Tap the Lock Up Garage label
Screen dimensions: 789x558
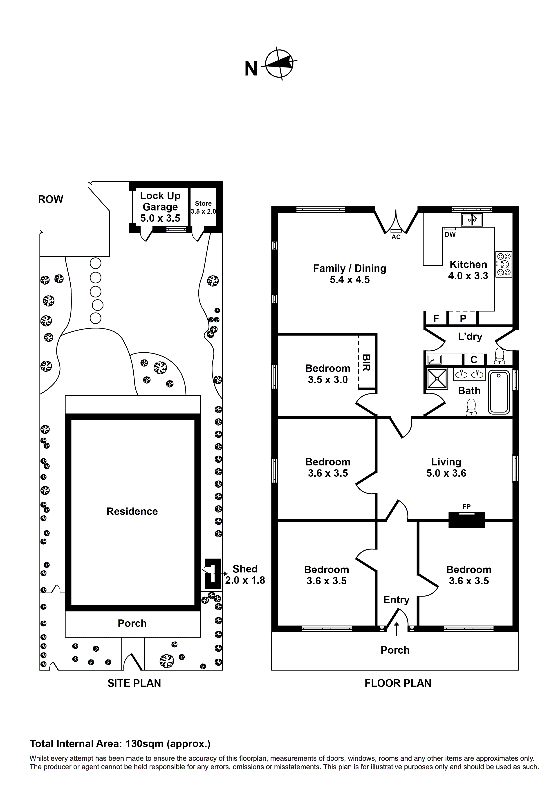pyautogui.click(x=160, y=207)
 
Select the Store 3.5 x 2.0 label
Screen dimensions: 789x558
pyautogui.click(x=203, y=207)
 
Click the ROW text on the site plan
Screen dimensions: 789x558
pyautogui.click(x=51, y=199)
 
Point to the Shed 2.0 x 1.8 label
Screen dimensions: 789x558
pyautogui.click(x=245, y=574)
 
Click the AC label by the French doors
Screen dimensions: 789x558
pyautogui.click(x=396, y=237)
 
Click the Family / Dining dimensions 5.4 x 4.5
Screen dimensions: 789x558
pyautogui.click(x=350, y=280)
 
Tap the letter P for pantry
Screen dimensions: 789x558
pyautogui.click(x=463, y=319)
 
